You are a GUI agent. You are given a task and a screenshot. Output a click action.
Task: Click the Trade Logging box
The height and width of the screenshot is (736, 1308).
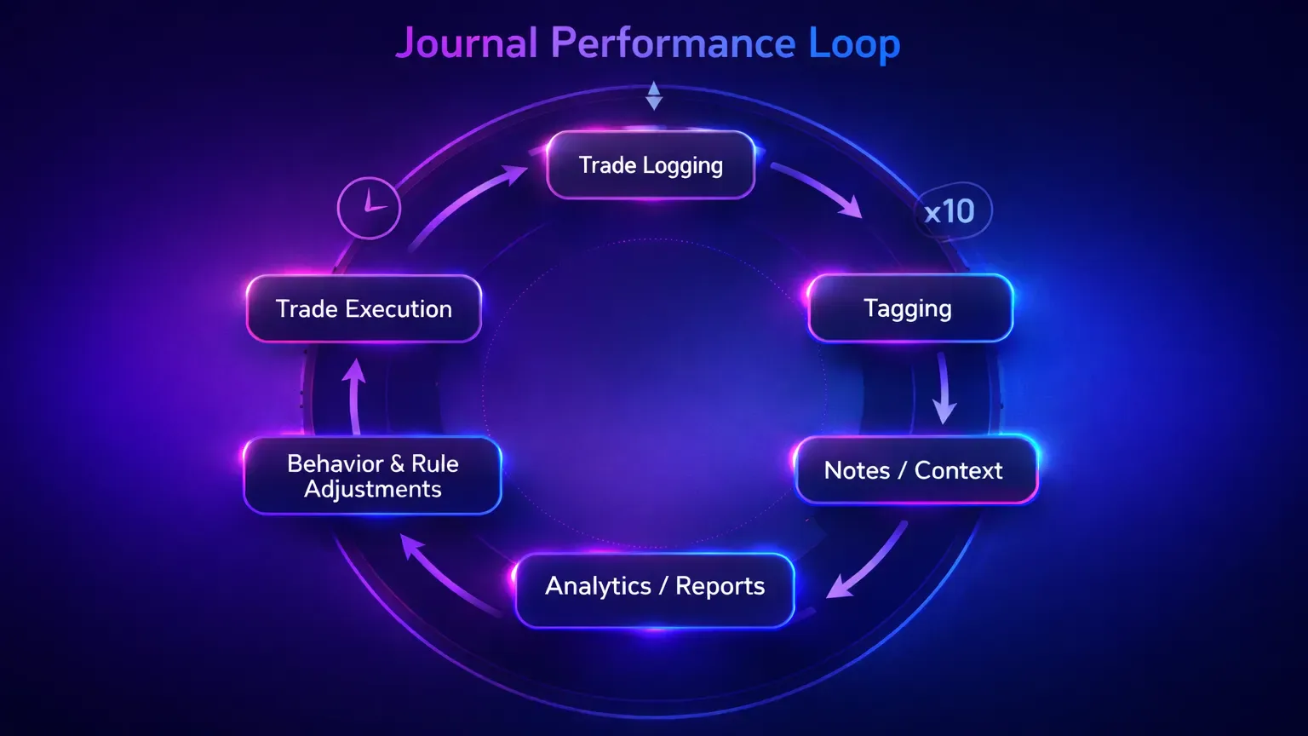pyautogui.click(x=651, y=165)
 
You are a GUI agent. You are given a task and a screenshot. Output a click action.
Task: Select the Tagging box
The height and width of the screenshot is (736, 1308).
pyautogui.click(x=909, y=308)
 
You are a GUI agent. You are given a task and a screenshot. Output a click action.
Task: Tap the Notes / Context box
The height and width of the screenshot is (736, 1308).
pyautogui.click(x=915, y=470)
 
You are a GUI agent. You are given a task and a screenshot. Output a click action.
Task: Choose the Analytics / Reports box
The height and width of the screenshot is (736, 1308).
pyautogui.click(x=654, y=588)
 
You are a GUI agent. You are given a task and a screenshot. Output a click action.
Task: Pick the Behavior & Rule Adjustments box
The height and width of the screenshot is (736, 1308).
pyautogui.click(x=372, y=475)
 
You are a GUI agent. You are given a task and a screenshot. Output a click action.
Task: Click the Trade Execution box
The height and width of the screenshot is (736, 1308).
pyautogui.click(x=364, y=308)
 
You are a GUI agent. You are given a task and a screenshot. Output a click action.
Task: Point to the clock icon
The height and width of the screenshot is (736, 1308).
pyautogui.click(x=369, y=208)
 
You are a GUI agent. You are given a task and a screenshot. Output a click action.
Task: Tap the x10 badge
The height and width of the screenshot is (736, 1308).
pyautogui.click(x=951, y=211)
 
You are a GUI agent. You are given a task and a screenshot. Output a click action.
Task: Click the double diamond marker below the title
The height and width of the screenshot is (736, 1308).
pyautogui.click(x=653, y=95)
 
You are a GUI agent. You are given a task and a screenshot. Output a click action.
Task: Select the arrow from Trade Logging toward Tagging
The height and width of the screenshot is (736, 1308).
pyautogui.click(x=819, y=190)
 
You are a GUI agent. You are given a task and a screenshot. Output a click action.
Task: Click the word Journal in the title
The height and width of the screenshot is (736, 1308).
pyautogui.click(x=467, y=43)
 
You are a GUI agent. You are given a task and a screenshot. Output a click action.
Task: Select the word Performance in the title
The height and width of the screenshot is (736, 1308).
pyautogui.click(x=673, y=43)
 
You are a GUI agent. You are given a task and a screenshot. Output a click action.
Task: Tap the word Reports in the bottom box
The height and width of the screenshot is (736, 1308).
pyautogui.click(x=720, y=587)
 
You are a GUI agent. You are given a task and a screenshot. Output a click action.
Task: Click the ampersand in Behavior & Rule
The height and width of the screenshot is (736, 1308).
pyautogui.click(x=397, y=464)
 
